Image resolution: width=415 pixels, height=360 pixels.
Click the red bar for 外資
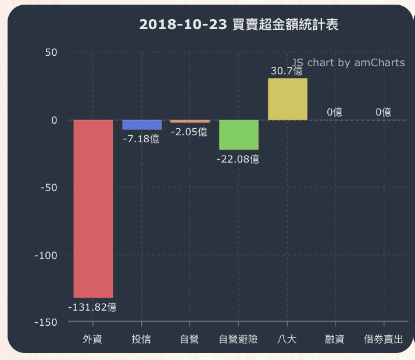[93, 208]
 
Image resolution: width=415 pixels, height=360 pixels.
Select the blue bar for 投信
[142, 125]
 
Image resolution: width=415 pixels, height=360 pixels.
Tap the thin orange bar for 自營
[189, 121]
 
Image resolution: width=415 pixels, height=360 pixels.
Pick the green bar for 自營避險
[238, 135]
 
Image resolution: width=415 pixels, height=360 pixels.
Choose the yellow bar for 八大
[287, 99]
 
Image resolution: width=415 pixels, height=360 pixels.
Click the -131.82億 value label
[92, 308]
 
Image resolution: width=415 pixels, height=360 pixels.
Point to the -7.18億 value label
[141, 139]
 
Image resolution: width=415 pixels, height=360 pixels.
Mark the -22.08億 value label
[238, 159]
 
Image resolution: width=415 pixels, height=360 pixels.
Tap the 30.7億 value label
[287, 71]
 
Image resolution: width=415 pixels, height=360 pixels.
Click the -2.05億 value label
[189, 132]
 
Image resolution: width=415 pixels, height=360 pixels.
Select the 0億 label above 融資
[334, 112]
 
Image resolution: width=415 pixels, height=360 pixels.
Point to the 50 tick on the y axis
[51, 52]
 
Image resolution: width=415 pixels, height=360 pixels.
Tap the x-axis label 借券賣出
[383, 339]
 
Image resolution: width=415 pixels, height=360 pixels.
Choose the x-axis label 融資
[335, 339]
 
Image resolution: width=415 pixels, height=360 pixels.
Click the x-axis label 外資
[92, 339]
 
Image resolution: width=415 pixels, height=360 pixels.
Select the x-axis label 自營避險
[238, 339]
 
